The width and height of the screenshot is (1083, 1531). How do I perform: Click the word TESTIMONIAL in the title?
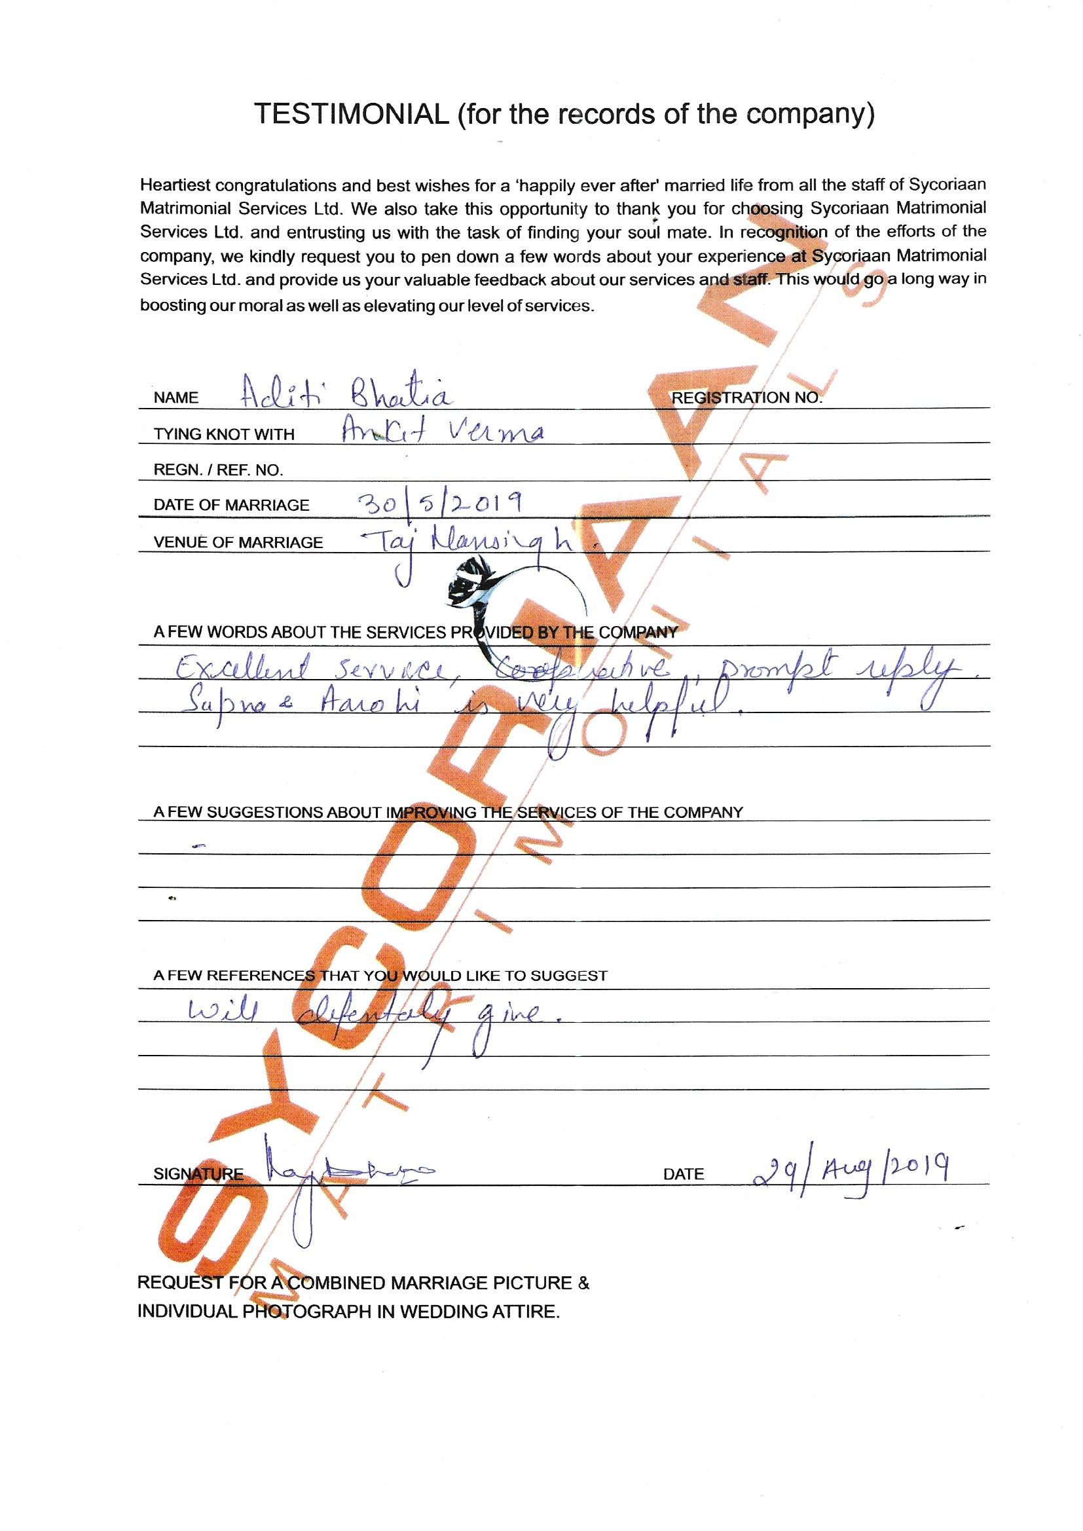[352, 115]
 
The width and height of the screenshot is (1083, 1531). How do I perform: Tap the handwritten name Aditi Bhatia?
[346, 396]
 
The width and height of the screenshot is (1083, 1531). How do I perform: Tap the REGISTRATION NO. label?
[746, 398]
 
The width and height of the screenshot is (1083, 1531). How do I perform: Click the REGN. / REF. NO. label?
[218, 470]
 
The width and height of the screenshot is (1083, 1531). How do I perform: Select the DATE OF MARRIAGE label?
[231, 506]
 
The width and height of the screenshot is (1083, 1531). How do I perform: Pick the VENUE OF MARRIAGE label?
[238, 543]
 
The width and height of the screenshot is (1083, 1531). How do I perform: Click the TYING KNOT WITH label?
[224, 435]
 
